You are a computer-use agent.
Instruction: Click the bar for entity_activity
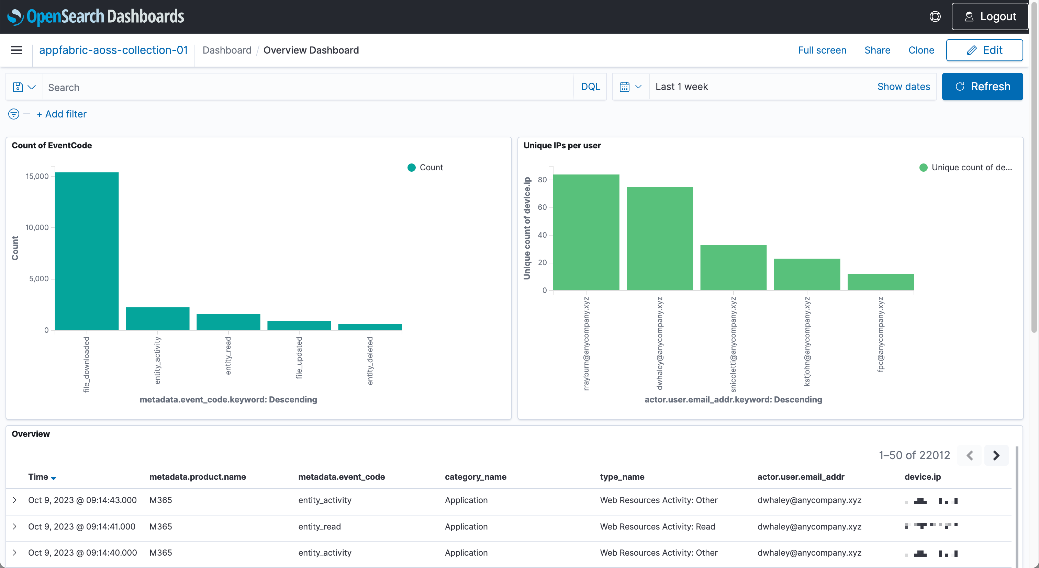pyautogui.click(x=157, y=318)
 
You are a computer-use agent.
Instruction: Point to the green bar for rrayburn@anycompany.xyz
pyautogui.click(x=586, y=232)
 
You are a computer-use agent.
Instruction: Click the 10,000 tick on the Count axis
pyautogui.click(x=37, y=227)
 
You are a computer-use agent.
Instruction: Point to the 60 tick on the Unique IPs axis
pyautogui.click(x=542, y=207)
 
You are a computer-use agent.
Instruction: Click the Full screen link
pyautogui.click(x=822, y=50)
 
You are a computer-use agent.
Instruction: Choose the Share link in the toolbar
pyautogui.click(x=877, y=50)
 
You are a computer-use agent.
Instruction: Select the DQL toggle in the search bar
pyautogui.click(x=590, y=86)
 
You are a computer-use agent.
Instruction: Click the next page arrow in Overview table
pyautogui.click(x=996, y=455)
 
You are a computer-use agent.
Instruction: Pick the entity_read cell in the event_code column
pyautogui.click(x=319, y=526)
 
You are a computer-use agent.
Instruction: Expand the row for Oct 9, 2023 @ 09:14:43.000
pyautogui.click(x=14, y=500)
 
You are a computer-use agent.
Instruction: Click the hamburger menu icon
pyautogui.click(x=16, y=50)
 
